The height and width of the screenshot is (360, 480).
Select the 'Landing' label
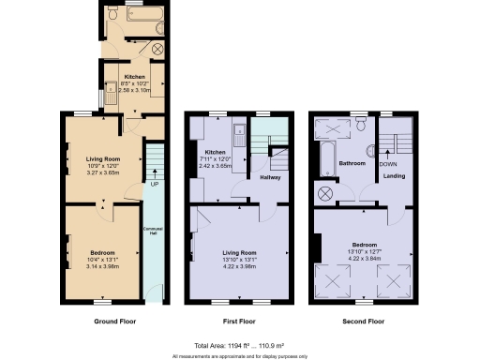click(395, 174)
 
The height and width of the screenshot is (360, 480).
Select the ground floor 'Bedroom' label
click(102, 253)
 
